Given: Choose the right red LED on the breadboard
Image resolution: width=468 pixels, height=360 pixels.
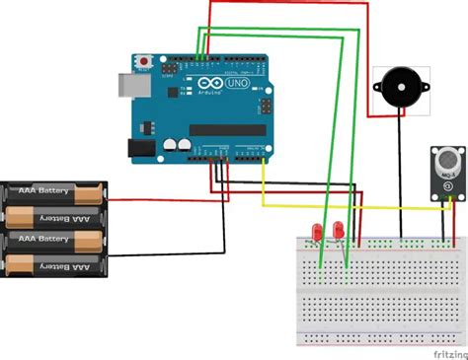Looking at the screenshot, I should [338, 229].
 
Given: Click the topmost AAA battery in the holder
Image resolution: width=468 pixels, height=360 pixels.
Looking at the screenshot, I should [54, 191].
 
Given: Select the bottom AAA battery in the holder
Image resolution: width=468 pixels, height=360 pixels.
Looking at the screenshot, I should [54, 264].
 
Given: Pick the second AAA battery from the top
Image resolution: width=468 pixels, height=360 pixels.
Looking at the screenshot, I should [54, 216].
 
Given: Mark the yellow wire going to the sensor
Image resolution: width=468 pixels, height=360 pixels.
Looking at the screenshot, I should [346, 205].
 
